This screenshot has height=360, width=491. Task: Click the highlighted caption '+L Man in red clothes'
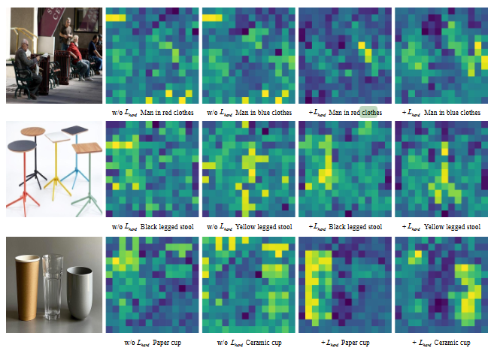pyautogui.click(x=345, y=113)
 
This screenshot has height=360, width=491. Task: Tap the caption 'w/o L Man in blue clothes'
pyautogui.click(x=249, y=113)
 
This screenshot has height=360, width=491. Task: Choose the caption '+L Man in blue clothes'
pyautogui.click(x=441, y=113)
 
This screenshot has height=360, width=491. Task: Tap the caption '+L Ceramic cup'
pyautogui.click(x=441, y=343)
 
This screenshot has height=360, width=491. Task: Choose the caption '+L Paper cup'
pyautogui.click(x=345, y=343)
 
